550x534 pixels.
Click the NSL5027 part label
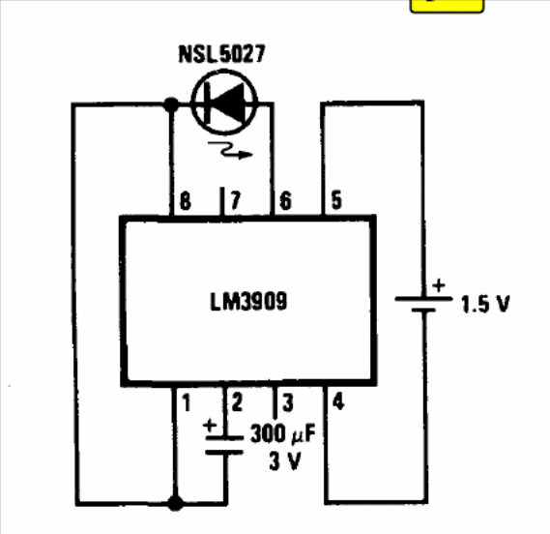click(x=222, y=54)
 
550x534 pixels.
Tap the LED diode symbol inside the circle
click(x=224, y=103)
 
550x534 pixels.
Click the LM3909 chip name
click(x=248, y=301)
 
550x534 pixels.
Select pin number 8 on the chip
click(x=186, y=201)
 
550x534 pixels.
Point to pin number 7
click(x=235, y=200)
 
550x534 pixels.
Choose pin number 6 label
click(x=285, y=201)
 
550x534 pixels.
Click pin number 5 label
click(x=336, y=200)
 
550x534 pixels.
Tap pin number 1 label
click(x=187, y=402)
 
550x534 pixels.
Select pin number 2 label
click(x=237, y=402)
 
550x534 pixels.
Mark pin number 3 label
click(x=288, y=402)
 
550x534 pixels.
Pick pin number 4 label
click(x=338, y=401)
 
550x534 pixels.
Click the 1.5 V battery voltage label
click(x=485, y=304)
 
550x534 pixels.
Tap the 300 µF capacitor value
click(x=282, y=434)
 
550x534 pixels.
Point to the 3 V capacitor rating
click(x=285, y=460)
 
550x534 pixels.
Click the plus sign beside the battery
click(x=439, y=285)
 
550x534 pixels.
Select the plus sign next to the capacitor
click(x=210, y=426)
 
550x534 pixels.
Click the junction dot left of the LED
click(x=171, y=104)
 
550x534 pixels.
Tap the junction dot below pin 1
click(x=175, y=503)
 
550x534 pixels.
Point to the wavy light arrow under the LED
click(x=230, y=150)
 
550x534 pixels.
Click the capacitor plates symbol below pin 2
click(x=224, y=445)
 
